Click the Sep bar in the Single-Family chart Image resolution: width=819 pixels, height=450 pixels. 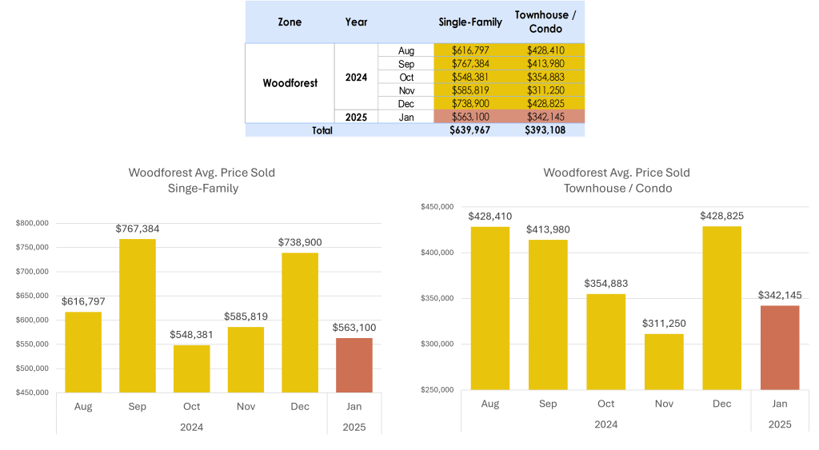pos(138,316)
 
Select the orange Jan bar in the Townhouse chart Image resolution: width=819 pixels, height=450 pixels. pos(779,348)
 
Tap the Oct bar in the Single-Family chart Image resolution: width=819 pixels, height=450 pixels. pos(192,368)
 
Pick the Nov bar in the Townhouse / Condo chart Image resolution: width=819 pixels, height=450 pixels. pos(664,361)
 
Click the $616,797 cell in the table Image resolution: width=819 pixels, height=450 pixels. pos(470,50)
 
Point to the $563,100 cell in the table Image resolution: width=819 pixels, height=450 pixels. pos(470,117)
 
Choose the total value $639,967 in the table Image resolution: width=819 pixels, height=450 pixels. pos(470,130)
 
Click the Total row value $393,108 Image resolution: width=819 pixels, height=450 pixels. pos(545,130)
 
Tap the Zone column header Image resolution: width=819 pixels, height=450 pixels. pos(290,22)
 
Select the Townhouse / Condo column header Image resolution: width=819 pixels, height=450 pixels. pos(545,22)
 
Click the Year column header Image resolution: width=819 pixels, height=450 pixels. pos(357,22)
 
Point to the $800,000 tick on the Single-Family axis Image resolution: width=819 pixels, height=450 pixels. pos(32,223)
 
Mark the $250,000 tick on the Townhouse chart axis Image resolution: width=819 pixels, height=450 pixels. pos(437,390)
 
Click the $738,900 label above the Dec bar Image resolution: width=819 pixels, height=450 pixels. pos(300,242)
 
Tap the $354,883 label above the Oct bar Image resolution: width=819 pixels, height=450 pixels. pos(605,283)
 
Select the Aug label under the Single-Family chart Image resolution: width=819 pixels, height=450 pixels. pos(83,407)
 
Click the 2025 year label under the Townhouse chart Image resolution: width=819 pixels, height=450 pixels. pos(779,424)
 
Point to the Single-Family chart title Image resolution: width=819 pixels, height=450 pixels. pos(202,181)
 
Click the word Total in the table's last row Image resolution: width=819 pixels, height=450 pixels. pos(322,130)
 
